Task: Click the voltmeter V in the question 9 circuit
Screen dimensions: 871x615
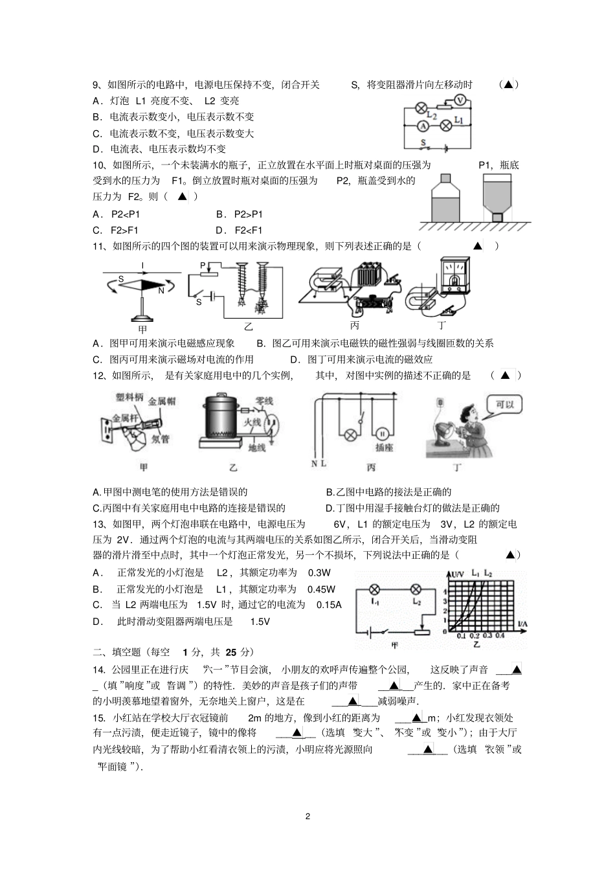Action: [460, 100]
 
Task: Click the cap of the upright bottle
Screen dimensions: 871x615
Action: [445, 177]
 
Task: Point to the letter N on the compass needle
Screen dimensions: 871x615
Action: [161, 291]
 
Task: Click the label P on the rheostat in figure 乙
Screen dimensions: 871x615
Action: [203, 266]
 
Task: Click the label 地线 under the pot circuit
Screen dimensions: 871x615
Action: [257, 447]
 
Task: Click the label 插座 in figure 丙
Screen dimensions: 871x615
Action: [384, 447]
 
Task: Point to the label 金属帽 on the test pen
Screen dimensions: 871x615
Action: [162, 402]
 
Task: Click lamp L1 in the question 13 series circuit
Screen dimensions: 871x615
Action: [374, 589]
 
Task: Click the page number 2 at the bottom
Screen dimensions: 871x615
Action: [307, 816]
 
